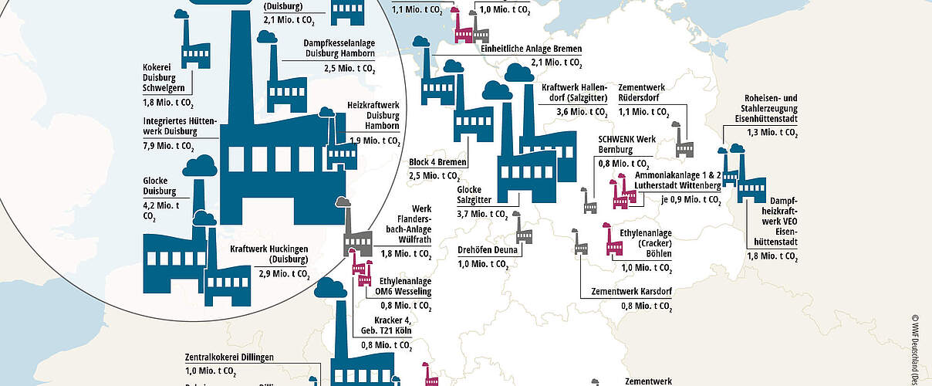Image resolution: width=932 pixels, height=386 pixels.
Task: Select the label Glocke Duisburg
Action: coord(160,186)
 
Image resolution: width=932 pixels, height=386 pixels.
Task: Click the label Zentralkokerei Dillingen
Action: coord(230,357)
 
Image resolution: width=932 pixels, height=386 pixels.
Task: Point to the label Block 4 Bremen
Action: coord(437,162)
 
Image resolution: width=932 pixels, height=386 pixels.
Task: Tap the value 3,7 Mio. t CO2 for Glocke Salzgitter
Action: coord(482,214)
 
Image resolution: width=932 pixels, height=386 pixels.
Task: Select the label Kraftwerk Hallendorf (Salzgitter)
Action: coord(575,93)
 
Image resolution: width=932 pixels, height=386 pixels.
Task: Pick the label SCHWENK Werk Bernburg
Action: coord(621,144)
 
